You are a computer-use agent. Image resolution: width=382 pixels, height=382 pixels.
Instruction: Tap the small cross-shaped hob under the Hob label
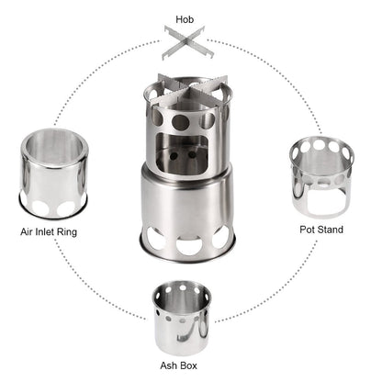[191, 41]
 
